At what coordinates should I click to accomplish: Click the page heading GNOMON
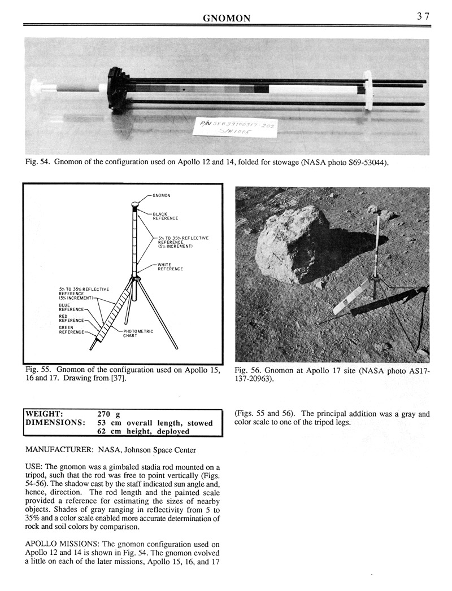point(227,19)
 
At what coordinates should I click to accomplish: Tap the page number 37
point(423,17)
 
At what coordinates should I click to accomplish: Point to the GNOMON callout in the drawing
point(162,195)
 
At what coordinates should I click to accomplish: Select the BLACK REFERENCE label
point(165,216)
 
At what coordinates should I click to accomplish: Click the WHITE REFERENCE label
point(171,267)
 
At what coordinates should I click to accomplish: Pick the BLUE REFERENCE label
point(71,307)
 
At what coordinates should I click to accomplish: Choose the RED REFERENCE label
point(71,318)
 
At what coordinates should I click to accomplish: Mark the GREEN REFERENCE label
point(71,329)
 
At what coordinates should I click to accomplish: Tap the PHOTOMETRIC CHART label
point(138,333)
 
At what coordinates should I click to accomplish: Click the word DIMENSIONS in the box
point(55,422)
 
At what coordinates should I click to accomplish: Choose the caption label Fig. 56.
point(246,370)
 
